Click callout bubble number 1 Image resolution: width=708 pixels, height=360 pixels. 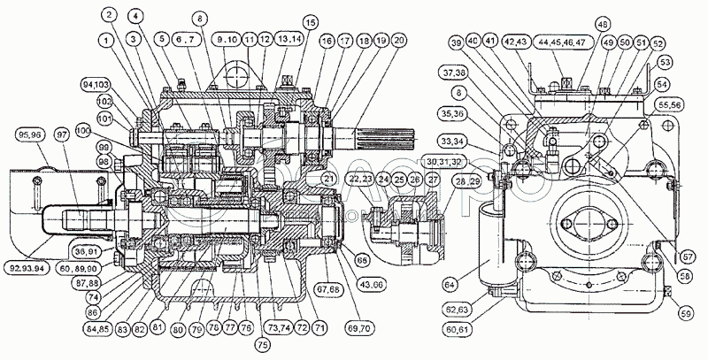(x=106, y=40)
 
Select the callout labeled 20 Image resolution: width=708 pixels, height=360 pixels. (x=399, y=40)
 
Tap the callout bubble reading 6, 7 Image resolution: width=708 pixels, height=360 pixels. (x=187, y=40)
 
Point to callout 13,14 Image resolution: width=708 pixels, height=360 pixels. (x=287, y=40)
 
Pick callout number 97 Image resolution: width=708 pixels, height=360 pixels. (x=61, y=135)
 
